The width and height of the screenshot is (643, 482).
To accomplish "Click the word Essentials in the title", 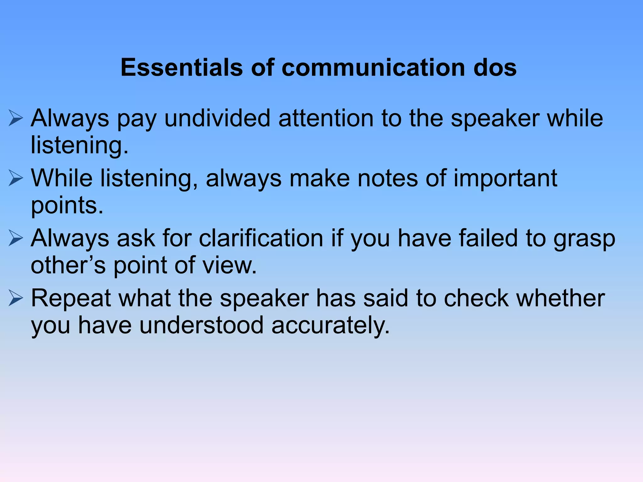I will click(182, 67).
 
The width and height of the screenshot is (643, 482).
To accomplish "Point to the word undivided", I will click(217, 118).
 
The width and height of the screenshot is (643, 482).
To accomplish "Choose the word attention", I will click(326, 118).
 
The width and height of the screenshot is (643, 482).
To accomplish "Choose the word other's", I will click(68, 265).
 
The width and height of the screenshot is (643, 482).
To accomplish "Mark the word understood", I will click(201, 325).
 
